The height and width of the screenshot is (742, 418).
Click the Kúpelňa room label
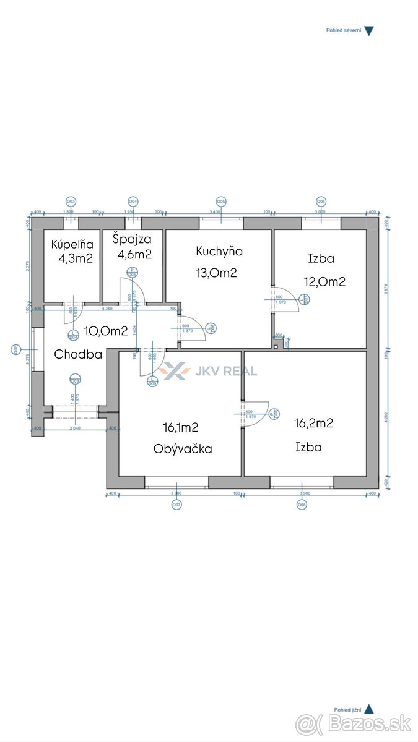click(72, 244)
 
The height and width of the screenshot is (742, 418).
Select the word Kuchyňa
click(219, 251)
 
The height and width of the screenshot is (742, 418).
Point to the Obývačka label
click(183, 449)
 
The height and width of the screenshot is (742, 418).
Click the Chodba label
click(78, 354)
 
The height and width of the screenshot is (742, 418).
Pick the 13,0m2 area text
click(217, 273)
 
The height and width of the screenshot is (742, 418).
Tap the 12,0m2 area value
click(324, 282)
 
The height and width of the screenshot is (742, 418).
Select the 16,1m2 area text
click(181, 427)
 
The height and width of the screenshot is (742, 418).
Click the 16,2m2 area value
click(314, 424)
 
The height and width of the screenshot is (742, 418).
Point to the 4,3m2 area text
click(76, 258)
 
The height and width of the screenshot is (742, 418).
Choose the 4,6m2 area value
click(134, 254)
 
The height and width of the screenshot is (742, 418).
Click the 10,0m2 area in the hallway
click(107, 331)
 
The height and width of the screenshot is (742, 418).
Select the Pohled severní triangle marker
click(368, 31)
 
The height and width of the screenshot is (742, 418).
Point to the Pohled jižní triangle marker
click(368, 709)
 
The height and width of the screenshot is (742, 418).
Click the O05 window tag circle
click(221, 202)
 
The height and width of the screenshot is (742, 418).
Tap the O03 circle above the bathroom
click(71, 202)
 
